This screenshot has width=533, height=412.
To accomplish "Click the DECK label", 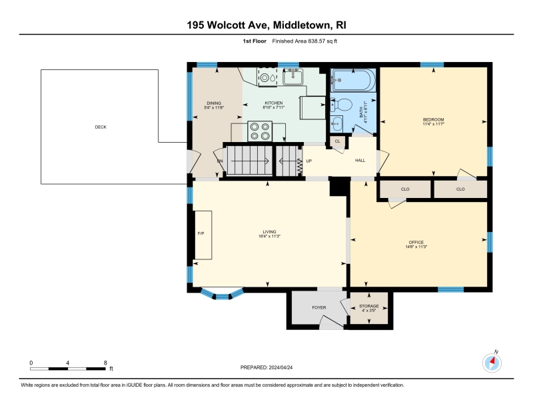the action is click(x=101, y=127).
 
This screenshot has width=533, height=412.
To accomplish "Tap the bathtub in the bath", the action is click(x=353, y=80).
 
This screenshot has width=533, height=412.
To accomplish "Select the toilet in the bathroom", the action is click(x=342, y=105).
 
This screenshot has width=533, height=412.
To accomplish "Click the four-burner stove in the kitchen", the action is click(x=260, y=131).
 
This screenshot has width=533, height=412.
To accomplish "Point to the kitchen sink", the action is click(x=293, y=77).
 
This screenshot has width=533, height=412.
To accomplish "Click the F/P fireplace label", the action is click(x=201, y=233).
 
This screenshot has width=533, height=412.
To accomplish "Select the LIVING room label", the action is click(x=269, y=232).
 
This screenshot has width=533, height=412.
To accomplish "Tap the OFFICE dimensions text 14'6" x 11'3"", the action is click(x=416, y=247).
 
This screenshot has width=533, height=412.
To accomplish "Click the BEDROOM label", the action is click(x=434, y=119).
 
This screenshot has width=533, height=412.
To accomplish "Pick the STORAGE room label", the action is click(x=369, y=306).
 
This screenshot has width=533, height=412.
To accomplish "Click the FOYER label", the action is click(x=319, y=307).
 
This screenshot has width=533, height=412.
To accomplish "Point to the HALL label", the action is click(x=360, y=161).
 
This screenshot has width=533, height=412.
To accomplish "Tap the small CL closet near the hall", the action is click(x=338, y=141).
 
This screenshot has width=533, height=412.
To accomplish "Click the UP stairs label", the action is click(x=308, y=161).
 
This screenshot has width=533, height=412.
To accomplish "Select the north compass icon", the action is click(x=492, y=363).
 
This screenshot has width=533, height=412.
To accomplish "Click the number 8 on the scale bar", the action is click(x=105, y=363).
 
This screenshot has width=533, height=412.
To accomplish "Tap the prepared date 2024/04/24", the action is click(x=280, y=367).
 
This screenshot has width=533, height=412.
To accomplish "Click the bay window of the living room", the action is click(x=222, y=294).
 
